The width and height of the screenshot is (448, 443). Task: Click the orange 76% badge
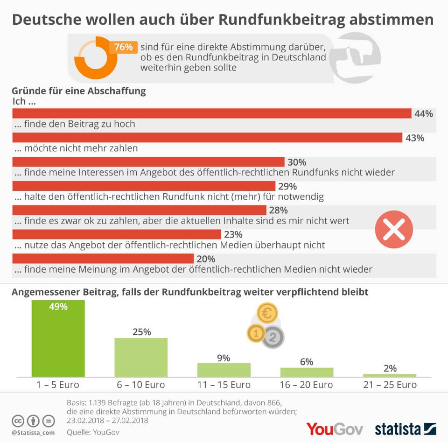point(124,47)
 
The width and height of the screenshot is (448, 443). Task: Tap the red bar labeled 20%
point(103,259)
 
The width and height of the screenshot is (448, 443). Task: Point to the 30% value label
point(297,162)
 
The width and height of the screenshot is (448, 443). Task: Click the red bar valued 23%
point(117,234)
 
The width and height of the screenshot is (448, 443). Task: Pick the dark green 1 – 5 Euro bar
point(58,338)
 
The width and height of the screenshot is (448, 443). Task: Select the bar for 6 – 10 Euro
point(141,357)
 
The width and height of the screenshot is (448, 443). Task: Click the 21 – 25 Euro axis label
point(390,385)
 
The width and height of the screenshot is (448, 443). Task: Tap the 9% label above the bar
point(224,358)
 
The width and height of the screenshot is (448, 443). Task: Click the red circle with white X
point(394,230)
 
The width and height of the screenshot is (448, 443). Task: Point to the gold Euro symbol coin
point(267,314)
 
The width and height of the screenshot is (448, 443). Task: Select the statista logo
point(405,428)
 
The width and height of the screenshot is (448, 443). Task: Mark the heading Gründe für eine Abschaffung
point(79,91)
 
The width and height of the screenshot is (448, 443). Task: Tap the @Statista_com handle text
point(33,433)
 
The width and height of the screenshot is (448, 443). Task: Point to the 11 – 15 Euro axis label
point(224,385)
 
